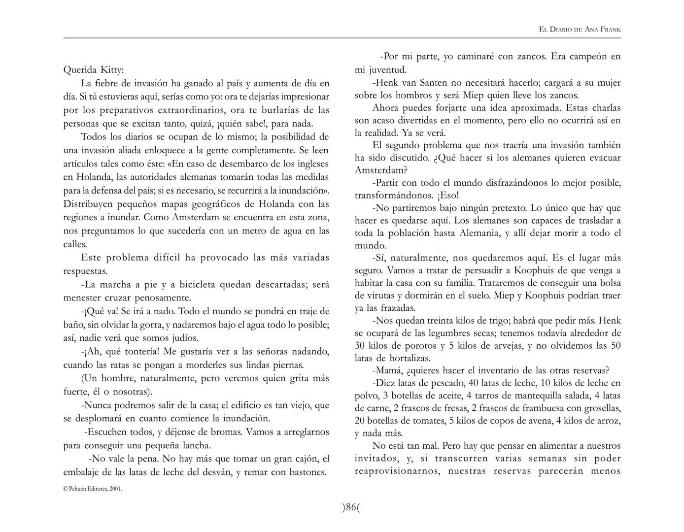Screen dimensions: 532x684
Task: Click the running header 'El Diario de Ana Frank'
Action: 580,30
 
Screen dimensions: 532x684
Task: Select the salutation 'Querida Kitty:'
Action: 94,69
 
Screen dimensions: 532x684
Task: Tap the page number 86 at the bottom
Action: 350,507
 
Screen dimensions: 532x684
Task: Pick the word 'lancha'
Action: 196,445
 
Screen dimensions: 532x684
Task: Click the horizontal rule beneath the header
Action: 342,38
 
